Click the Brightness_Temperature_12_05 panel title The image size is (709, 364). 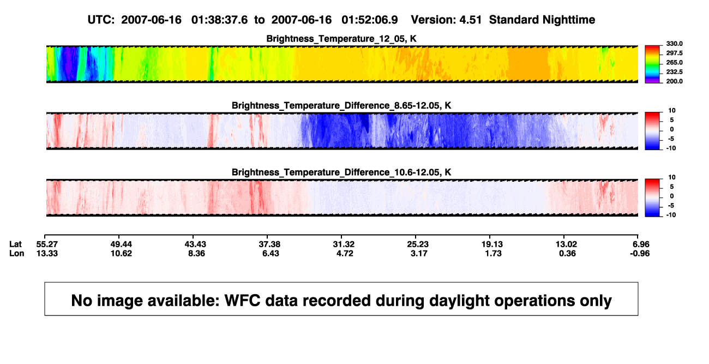coord(341,39)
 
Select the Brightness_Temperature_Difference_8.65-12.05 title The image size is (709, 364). coord(341,105)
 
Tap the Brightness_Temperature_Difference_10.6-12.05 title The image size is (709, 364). coord(341,172)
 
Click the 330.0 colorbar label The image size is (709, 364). coord(674,44)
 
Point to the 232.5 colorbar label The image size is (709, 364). coord(674,72)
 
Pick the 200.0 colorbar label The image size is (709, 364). coord(674,81)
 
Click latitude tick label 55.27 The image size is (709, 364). coord(47,244)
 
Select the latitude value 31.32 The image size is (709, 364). coord(344,244)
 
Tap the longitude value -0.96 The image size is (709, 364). coord(639,253)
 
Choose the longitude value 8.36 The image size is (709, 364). coord(196,253)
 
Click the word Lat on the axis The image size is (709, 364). coord(15,244)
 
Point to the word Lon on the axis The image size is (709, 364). coord(16,253)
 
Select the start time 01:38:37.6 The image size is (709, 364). coord(219,20)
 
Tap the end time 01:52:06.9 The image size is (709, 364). coord(370,20)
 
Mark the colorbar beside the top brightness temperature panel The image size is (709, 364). coord(653,64)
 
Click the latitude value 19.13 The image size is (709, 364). coord(492,244)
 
